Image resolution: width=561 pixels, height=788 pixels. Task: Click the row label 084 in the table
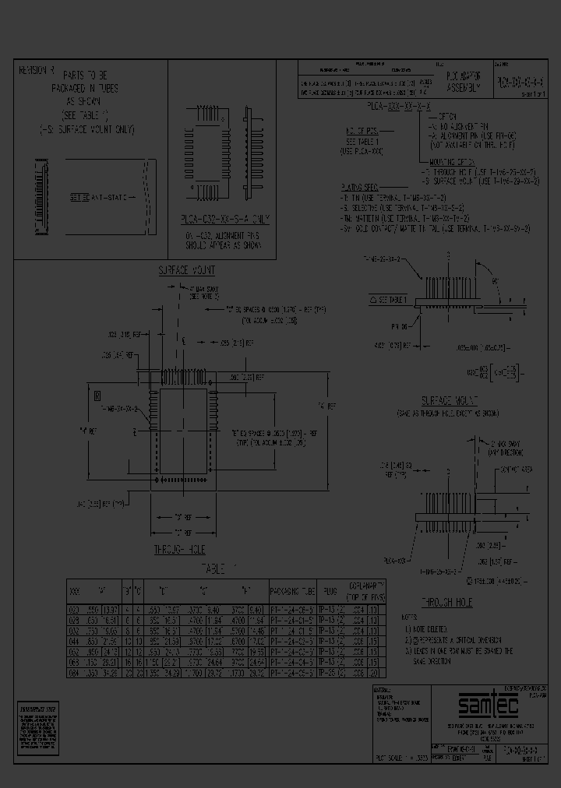pos(76,672)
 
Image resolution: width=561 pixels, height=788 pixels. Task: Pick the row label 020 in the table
pos(76,610)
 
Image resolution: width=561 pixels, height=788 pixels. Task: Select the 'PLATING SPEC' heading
pos(361,188)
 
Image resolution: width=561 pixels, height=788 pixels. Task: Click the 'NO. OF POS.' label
pos(359,132)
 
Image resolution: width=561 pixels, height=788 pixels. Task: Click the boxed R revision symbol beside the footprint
pos(97,396)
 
